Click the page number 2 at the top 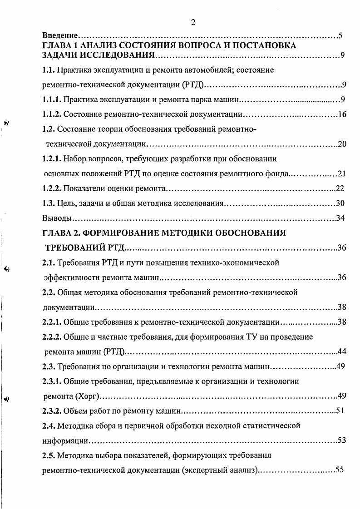(x=193, y=23)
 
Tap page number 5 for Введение (x=340, y=35)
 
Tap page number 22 (x=340, y=188)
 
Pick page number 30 (x=340, y=203)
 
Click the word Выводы (x=57, y=218)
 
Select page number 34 (x=340, y=218)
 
